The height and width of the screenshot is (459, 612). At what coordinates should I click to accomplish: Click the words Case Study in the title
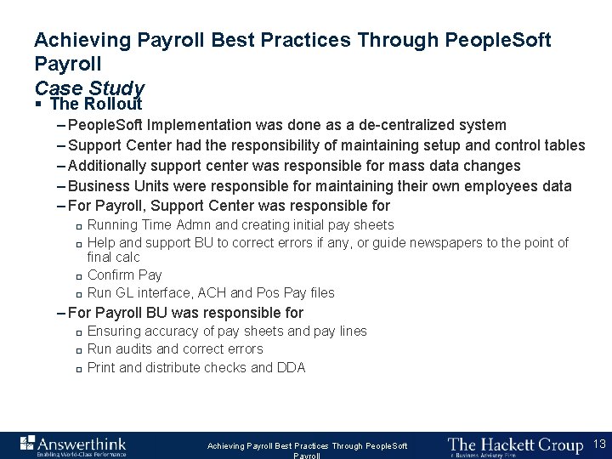[89, 88]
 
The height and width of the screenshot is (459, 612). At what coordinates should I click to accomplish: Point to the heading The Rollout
[96, 105]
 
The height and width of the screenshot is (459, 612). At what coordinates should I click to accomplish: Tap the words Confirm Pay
[124, 275]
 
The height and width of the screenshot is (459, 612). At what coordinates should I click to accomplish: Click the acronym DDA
[291, 367]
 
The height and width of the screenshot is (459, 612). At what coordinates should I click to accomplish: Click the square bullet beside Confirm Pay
[76, 276]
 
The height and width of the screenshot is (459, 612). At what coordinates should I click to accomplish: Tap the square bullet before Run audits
[76, 350]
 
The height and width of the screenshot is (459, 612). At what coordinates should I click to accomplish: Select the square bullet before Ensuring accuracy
[76, 332]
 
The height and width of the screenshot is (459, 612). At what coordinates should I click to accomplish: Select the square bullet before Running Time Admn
[76, 226]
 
